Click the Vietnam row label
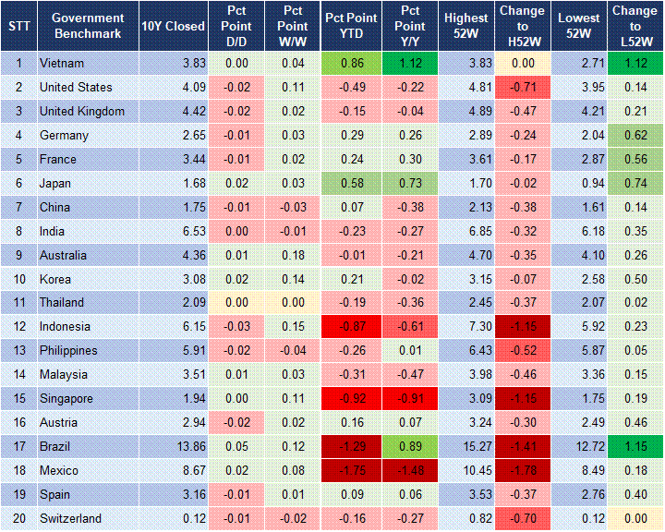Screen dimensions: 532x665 click(x=61, y=64)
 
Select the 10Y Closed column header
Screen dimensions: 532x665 click(x=173, y=26)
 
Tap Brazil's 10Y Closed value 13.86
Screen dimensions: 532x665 click(x=186, y=446)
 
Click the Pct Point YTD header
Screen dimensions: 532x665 click(x=350, y=26)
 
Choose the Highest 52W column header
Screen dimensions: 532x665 click(x=466, y=26)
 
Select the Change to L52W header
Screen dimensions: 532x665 click(x=635, y=26)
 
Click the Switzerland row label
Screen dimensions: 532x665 click(x=70, y=518)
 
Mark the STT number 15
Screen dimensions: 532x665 click(x=18, y=398)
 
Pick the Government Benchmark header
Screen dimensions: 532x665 click(x=88, y=26)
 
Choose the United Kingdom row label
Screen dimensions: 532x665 click(x=82, y=112)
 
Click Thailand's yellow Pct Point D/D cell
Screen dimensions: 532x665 click(x=236, y=302)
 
